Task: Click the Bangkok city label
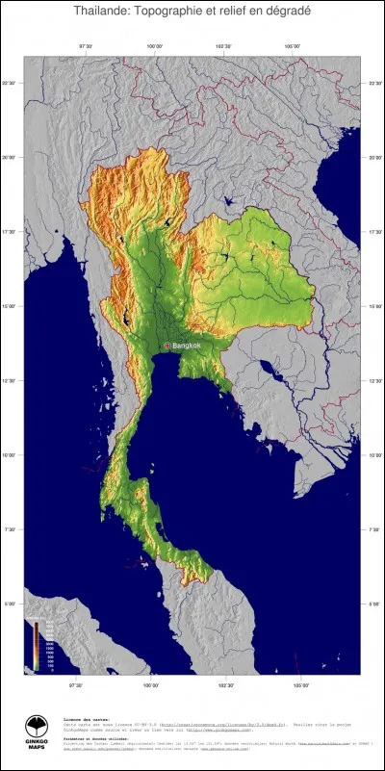click(187, 346)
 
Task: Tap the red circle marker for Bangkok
click(167, 346)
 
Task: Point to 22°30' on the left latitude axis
click(10, 85)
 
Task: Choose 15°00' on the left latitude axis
click(10, 307)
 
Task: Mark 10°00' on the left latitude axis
click(10, 455)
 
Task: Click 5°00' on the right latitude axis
click(373, 604)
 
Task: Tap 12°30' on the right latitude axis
click(373, 381)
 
